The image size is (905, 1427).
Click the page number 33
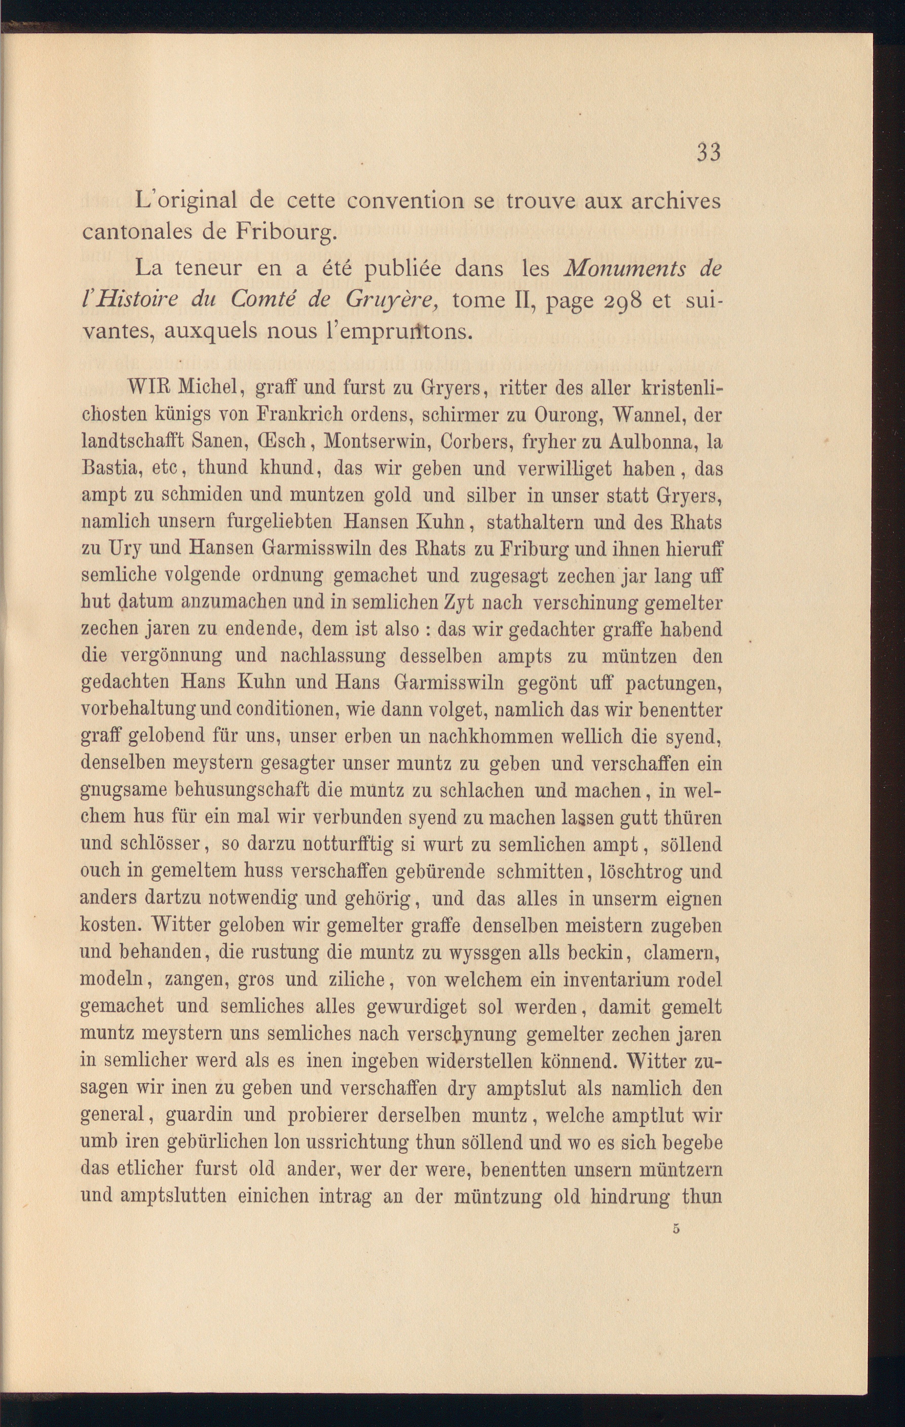[x=708, y=153]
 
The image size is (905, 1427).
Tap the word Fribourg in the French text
[x=287, y=232]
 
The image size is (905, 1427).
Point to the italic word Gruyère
[x=392, y=302]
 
